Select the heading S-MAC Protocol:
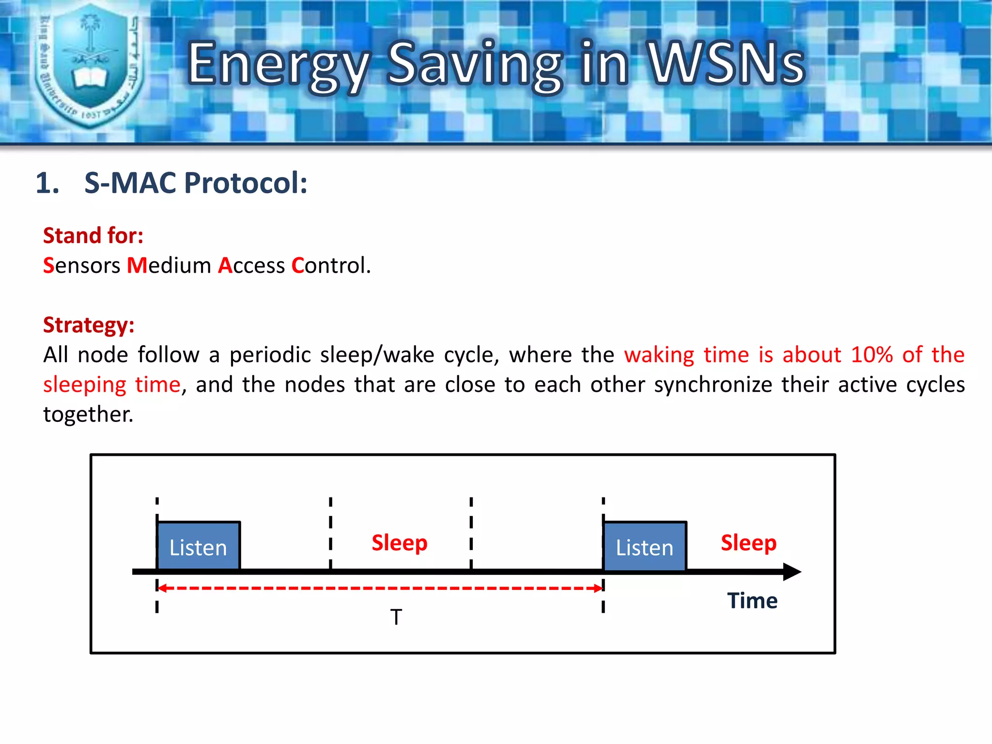(196, 183)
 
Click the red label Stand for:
(93, 236)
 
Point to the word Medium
(169, 265)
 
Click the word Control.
(331, 265)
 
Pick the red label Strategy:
(89, 325)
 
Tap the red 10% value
(872, 355)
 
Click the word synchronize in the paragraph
(713, 385)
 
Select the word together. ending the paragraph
(88, 415)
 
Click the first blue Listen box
(198, 546)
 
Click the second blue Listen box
(645, 546)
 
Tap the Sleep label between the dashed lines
(400, 542)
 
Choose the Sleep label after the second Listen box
(748, 542)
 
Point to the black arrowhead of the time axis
(792, 572)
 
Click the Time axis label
(752, 601)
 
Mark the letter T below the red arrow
(396, 617)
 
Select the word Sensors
(81, 265)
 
